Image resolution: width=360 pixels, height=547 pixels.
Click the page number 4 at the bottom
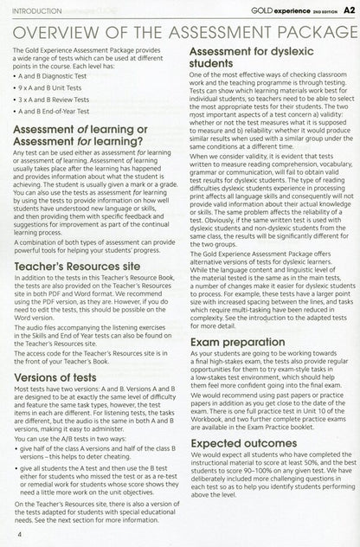pos(18,536)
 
